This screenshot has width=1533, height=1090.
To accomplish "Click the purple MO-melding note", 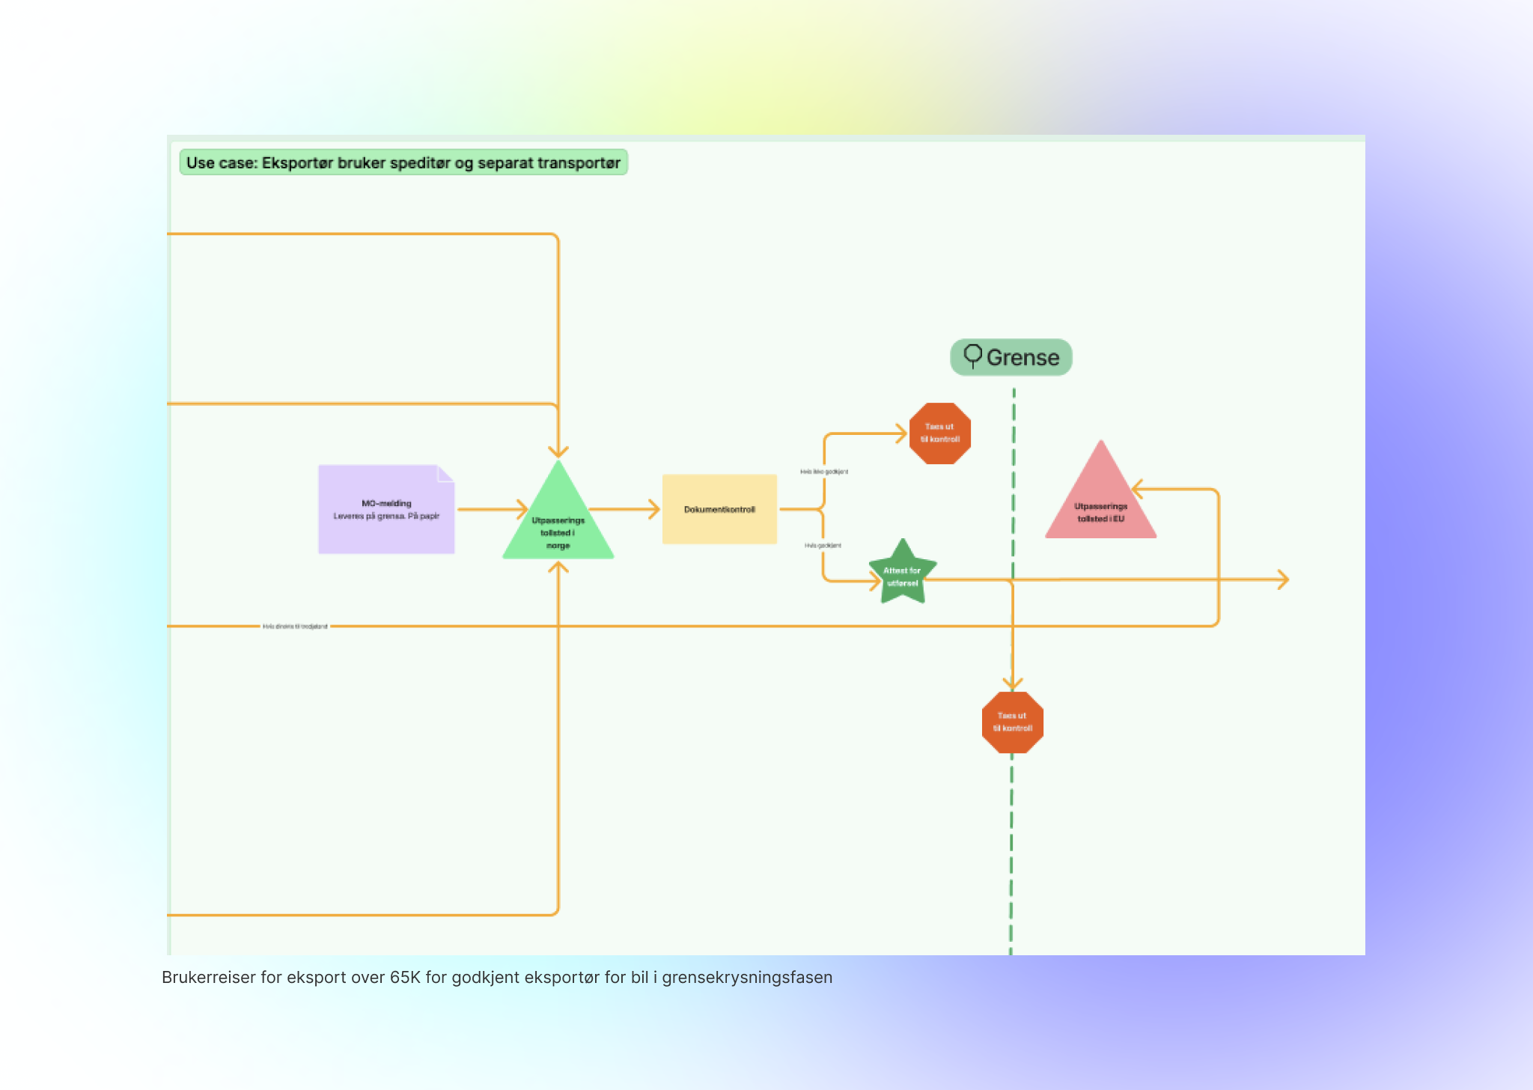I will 385,509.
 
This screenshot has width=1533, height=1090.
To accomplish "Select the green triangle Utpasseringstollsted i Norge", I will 558,524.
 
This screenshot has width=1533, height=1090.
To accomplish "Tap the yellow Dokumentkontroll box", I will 719,509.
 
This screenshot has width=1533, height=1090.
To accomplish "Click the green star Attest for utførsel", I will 903,575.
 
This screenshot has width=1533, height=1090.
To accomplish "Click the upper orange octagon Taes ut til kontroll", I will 940,433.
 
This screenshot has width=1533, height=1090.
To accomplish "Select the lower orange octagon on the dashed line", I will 1012,722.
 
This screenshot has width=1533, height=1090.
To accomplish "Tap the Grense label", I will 1022,358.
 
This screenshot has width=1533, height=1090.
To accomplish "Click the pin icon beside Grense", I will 972,356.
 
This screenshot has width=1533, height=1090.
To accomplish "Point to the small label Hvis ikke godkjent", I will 824,472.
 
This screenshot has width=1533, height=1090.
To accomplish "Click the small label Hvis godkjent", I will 823,546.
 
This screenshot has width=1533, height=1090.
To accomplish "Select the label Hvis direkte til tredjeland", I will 295,627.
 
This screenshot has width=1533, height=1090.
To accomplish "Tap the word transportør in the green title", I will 579,163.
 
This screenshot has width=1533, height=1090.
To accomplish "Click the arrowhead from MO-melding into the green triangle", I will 522,509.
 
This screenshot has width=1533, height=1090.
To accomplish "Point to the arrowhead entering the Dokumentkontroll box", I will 654,509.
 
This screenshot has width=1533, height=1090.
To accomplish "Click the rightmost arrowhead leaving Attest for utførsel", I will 1283,579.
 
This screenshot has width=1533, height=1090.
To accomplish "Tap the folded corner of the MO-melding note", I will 446,473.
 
